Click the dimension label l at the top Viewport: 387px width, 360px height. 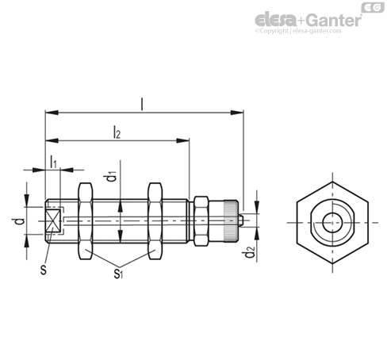point(142,104)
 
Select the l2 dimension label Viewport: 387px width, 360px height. point(117,132)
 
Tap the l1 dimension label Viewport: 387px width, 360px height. point(53,162)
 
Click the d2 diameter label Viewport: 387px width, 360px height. point(249,251)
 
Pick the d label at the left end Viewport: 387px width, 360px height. point(20,221)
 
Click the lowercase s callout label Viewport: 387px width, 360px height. point(44,270)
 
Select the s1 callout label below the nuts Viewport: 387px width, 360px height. point(118,274)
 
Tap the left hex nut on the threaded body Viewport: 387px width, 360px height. point(86,221)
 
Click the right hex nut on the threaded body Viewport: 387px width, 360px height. point(155,221)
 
